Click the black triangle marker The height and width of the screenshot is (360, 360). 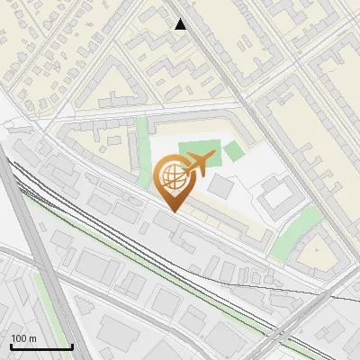click(181, 25)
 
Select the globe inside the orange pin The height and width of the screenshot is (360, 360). click(171, 177)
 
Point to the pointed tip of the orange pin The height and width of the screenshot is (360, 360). click(172, 211)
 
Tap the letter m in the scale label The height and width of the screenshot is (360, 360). click(33, 338)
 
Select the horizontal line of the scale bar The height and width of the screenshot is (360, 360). click(40, 346)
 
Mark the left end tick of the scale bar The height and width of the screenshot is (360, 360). click(10, 345)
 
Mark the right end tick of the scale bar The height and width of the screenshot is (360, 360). click(72, 345)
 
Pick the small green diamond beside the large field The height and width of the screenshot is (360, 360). click(234, 150)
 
